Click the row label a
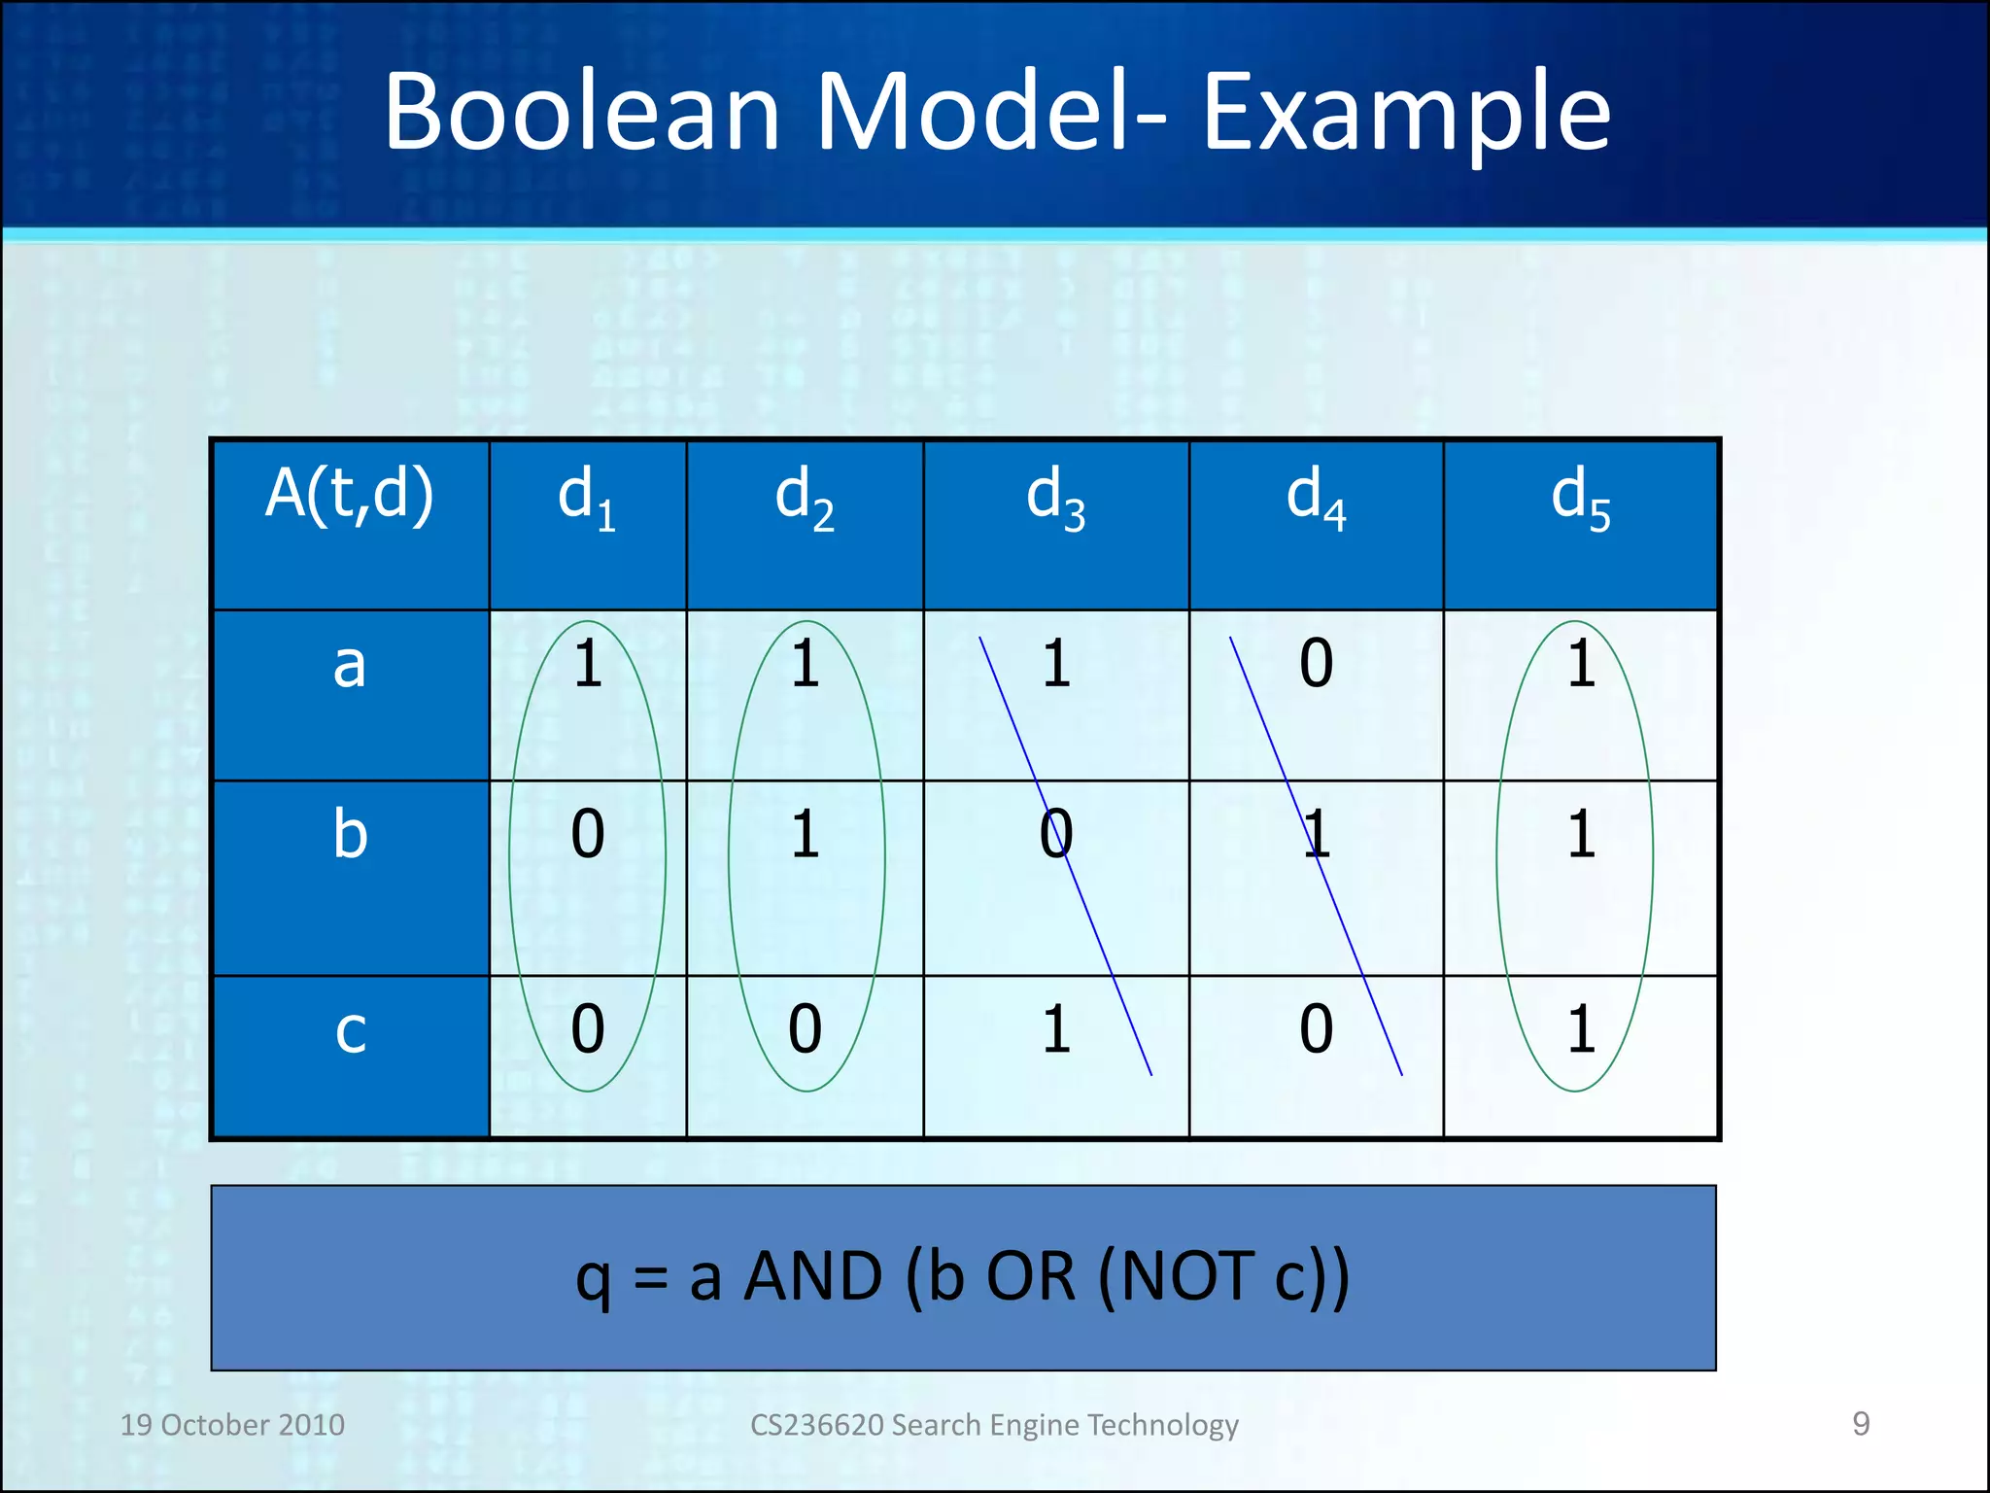pos(350,666)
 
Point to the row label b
pos(350,834)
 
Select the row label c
pos(350,1030)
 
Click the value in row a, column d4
pos(1316,664)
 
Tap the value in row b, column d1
pos(587,834)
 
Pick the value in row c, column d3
pos(1056,1029)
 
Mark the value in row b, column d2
pos(805,834)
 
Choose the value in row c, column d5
pos(1581,1029)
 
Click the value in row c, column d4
pos(1316,1029)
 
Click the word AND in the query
pos(813,1276)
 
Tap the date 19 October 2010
pos(232,1425)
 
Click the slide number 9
pos(1861,1424)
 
